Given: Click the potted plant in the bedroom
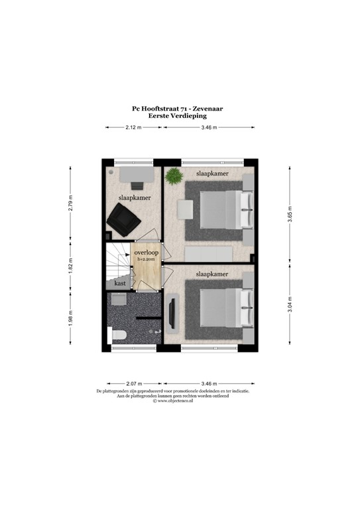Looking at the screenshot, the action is tap(174, 176).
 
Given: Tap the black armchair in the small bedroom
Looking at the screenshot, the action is tap(124, 220).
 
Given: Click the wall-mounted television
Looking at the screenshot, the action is tap(172, 313).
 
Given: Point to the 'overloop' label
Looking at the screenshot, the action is tap(147, 253).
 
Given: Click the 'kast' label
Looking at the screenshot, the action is tap(120, 283).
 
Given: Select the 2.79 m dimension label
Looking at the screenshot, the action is tap(70, 203).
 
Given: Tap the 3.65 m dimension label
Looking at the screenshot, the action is tap(290, 214).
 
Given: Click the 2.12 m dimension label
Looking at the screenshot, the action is tap(133, 127).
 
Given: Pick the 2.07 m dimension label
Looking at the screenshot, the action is tap(134, 384).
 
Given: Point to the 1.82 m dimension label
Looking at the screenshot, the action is tap(70, 266).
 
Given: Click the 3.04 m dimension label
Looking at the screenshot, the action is tap(290, 304).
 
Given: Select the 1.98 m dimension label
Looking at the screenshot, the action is tap(70, 318).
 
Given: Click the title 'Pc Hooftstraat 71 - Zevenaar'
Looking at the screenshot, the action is tap(177, 109).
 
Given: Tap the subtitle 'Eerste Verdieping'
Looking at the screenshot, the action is tap(177, 115).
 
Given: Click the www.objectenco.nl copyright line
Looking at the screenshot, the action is tap(173, 401).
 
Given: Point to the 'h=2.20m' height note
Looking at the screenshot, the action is tap(146, 259).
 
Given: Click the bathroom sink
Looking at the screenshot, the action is tap(119, 299).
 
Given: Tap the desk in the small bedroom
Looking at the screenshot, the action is tap(137, 174).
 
